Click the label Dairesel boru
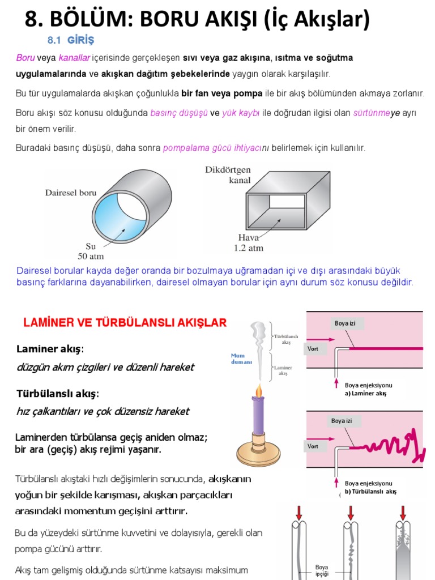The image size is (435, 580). [71, 193]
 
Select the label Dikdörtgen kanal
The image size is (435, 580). [228, 175]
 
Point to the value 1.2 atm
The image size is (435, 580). [248, 248]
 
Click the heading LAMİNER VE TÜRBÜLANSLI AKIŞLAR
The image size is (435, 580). [125, 323]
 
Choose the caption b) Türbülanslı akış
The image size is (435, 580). [370, 491]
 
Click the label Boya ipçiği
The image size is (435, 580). [322, 570]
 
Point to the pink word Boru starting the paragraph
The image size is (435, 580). [25, 58]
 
